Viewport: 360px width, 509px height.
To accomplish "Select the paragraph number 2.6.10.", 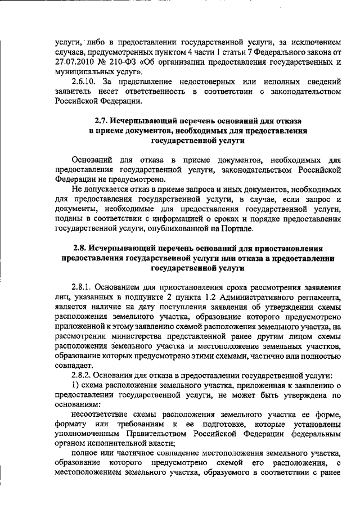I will tap(84, 83).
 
